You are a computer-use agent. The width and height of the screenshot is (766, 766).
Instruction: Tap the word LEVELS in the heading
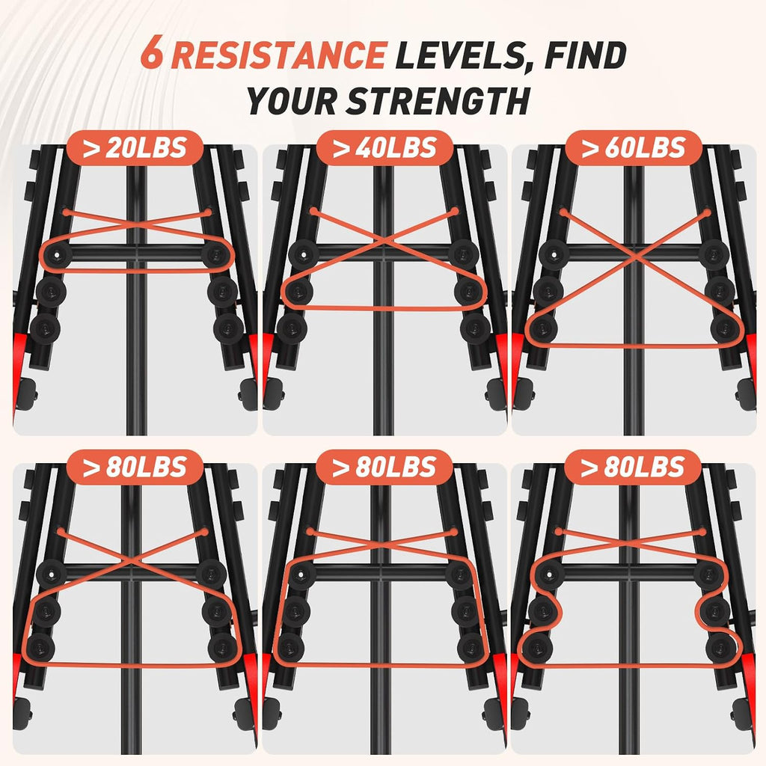pyautogui.click(x=462, y=55)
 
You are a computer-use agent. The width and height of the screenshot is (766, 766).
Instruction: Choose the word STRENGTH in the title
pyautogui.click(x=438, y=101)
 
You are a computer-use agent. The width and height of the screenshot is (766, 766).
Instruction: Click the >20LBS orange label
pyautogui.click(x=135, y=148)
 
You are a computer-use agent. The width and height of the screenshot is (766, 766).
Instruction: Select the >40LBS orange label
pyautogui.click(x=384, y=148)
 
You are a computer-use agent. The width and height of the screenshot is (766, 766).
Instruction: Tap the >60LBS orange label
pyautogui.click(x=634, y=148)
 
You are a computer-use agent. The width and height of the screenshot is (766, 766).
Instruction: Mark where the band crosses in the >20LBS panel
pyautogui.click(x=138, y=224)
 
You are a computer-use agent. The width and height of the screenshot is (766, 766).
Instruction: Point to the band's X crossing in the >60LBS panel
pyautogui.click(x=635, y=254)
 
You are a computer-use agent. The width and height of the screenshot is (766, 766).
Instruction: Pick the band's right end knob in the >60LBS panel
pyautogui.click(x=707, y=212)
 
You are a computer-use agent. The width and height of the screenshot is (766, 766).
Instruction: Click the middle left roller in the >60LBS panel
pyautogui.click(x=548, y=291)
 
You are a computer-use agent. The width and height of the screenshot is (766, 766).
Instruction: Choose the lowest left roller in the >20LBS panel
pyautogui.click(x=45, y=329)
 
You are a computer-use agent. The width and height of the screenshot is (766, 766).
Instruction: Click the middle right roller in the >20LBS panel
pyautogui.click(x=222, y=292)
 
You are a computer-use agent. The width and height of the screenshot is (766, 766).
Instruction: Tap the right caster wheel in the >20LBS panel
pyautogui.click(x=248, y=393)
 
